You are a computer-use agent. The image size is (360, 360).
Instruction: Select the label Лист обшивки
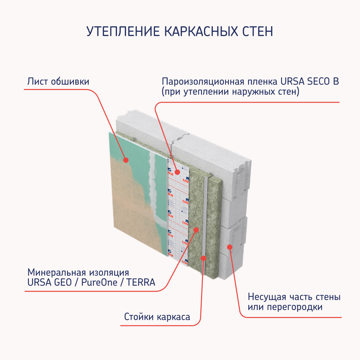point(58,81)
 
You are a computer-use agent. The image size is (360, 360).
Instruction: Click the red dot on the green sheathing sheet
point(126,160)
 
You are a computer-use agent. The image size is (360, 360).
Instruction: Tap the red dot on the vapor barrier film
point(177,172)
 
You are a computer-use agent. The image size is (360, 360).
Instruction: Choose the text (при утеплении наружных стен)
point(230,92)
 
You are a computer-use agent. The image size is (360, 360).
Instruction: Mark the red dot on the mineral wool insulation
point(196,229)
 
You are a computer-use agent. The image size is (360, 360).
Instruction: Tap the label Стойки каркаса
point(157,316)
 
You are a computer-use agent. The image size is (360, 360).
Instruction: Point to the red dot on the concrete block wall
point(229,247)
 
